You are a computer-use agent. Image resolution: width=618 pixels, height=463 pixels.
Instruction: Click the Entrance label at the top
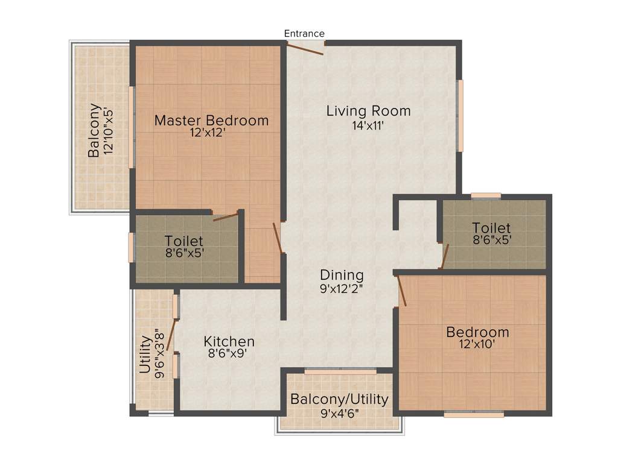pos(305,34)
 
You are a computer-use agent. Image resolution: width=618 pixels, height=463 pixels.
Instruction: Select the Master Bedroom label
pos(211,121)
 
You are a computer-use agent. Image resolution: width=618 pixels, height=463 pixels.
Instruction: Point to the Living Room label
pos(368,111)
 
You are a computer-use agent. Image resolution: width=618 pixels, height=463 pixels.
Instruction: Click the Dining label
pos(342,275)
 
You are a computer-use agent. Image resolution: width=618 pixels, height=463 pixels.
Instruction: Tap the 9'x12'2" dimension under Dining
pos(342,289)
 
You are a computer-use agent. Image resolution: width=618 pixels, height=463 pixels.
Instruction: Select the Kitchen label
pos(229,342)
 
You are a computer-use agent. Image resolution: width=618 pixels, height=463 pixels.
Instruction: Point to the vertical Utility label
pos(145,355)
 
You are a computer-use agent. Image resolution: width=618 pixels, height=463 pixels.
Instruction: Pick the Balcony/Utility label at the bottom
pos(339,400)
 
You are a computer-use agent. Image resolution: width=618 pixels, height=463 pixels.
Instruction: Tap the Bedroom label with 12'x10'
pos(477,332)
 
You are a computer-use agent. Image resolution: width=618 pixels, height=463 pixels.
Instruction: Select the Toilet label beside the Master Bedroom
pos(183,241)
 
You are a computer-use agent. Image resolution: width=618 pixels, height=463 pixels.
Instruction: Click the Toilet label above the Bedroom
pos(491,228)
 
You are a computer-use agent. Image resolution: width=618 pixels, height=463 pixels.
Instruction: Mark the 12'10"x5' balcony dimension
pos(109,131)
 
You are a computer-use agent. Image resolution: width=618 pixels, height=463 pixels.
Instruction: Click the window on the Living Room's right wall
pos(460,116)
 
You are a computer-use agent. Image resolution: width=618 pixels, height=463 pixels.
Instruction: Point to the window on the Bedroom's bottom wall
pos(474,414)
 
